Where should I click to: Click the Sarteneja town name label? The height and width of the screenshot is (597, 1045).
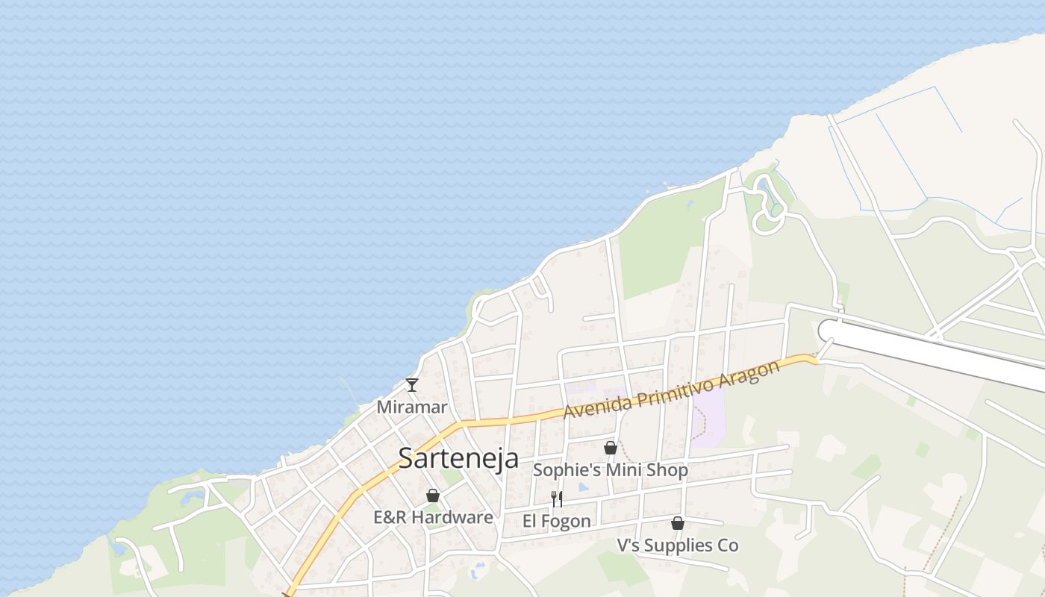click(x=458, y=457)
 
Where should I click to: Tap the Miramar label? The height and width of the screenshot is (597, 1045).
click(x=411, y=407)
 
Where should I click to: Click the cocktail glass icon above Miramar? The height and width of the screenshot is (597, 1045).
click(x=411, y=385)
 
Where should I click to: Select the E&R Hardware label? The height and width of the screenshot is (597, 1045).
click(x=433, y=517)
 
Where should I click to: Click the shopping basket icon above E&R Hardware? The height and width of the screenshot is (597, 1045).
click(x=433, y=496)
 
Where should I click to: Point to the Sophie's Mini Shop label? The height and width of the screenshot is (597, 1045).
click(x=610, y=470)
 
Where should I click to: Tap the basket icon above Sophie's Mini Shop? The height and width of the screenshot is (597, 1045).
click(x=611, y=448)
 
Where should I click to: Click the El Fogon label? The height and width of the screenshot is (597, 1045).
click(x=556, y=521)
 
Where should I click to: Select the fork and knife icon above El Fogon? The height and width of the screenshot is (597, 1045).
click(x=557, y=498)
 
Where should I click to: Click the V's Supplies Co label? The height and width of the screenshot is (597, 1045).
click(x=677, y=546)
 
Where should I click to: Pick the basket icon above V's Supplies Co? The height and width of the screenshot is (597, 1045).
click(x=678, y=523)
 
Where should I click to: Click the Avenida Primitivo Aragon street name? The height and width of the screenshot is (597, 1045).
click(x=671, y=390)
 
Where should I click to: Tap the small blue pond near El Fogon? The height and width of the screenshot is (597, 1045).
click(x=583, y=487)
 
